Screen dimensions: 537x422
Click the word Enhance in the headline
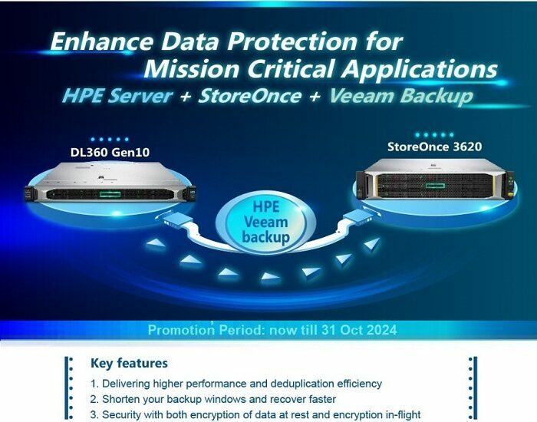pos(102,41)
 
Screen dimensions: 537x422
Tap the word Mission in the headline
pos(191,68)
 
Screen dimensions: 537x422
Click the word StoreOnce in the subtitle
pos(250,96)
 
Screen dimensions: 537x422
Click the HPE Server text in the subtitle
pos(117,96)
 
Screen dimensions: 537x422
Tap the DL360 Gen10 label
pos(110,152)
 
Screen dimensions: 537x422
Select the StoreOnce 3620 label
pos(434,147)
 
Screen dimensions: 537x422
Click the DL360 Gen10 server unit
pos(110,183)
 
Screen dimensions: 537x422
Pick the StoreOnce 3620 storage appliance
pos(435,180)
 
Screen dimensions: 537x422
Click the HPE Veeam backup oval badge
pos(265,223)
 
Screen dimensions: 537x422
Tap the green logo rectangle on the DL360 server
pos(110,195)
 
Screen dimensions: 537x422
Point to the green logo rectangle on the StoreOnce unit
pos(435,186)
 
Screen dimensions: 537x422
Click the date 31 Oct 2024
pos(358,330)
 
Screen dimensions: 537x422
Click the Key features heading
pos(129,363)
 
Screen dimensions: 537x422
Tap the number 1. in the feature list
pos(94,384)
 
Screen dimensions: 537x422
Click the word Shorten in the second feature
pos(121,399)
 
